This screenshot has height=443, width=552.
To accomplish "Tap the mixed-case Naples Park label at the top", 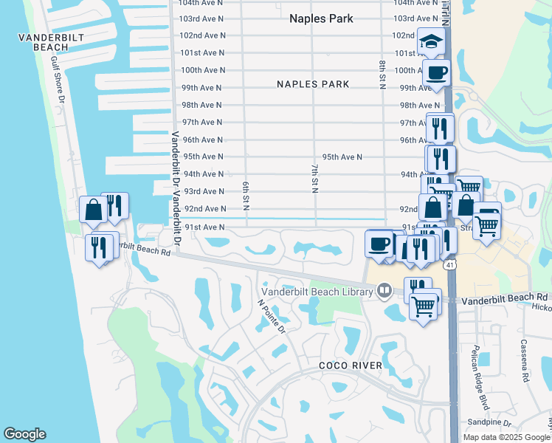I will click(x=322, y=18).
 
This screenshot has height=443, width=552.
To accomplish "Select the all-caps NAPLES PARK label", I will click(x=313, y=84).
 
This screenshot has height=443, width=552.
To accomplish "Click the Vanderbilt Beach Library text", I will click(x=319, y=292).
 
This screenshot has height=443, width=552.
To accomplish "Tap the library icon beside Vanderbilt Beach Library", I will click(x=384, y=291).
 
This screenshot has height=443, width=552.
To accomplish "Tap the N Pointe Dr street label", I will click(x=271, y=316).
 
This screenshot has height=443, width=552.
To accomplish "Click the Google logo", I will click(x=24, y=434).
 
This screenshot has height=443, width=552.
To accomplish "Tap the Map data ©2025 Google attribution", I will click(x=506, y=437).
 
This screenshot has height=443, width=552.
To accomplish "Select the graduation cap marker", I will click(x=429, y=41).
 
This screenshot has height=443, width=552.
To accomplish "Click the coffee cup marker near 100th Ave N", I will click(x=436, y=72).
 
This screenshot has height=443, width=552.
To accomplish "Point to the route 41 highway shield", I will click(x=449, y=264).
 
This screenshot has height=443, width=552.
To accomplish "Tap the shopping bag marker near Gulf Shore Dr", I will click(x=94, y=210).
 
